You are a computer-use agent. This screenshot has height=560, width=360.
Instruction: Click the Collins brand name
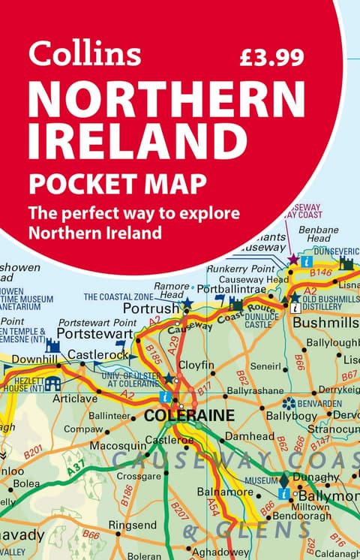[85, 55]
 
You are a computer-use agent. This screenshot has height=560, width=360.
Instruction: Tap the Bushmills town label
[326, 324]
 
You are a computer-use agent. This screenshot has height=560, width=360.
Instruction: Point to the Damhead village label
[250, 435]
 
